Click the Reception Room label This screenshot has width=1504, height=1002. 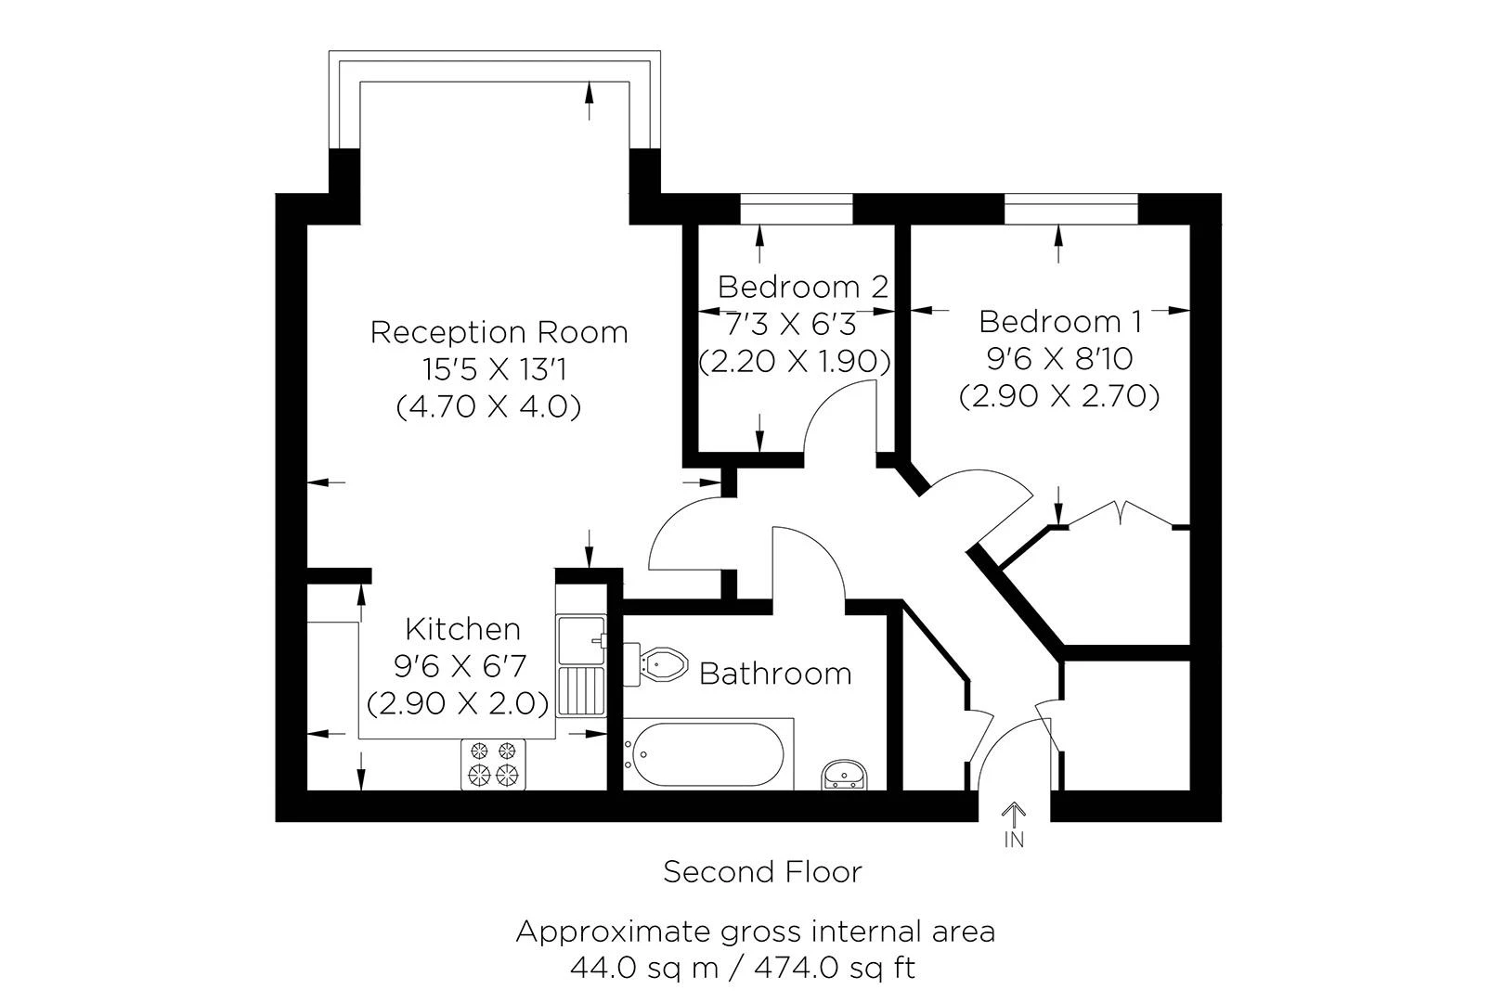(x=499, y=332)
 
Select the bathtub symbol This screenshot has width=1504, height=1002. (x=707, y=753)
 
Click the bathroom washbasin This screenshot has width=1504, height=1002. (x=845, y=775)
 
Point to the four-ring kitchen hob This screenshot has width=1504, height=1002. (x=493, y=764)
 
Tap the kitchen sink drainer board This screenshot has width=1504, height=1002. (x=581, y=691)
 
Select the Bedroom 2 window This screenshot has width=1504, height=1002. (x=796, y=210)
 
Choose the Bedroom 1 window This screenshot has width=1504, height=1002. (x=1070, y=210)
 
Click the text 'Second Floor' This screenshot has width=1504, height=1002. (x=762, y=872)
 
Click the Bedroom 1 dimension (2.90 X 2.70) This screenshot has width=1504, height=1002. (x=1059, y=397)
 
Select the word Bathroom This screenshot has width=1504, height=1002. (x=774, y=673)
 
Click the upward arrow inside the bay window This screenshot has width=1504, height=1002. (x=589, y=99)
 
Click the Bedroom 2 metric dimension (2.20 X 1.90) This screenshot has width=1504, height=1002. (x=794, y=361)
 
